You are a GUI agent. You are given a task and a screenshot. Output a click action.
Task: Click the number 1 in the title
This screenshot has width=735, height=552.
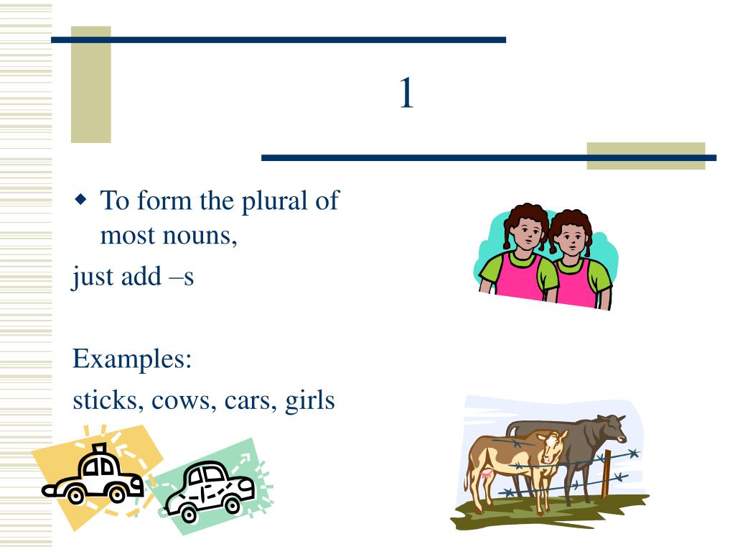click(406, 94)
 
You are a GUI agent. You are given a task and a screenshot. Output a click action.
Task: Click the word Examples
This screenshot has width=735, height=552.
click(132, 359)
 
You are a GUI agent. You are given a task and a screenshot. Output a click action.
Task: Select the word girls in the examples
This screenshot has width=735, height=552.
click(310, 400)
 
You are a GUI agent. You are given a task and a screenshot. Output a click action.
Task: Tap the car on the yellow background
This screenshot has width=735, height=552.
click(93, 477)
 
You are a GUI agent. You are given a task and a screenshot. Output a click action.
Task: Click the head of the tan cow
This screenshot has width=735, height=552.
click(553, 447)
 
